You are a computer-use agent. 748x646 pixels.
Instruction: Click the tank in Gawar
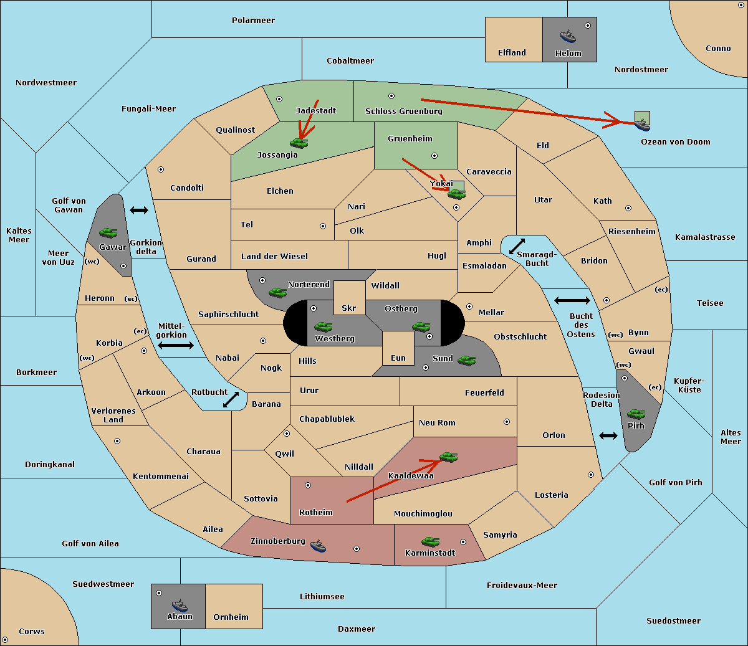pyautogui.click(x=108, y=232)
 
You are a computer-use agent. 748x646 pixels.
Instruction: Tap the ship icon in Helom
pyautogui.click(x=568, y=36)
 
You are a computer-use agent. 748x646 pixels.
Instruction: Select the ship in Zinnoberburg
pyautogui.click(x=318, y=546)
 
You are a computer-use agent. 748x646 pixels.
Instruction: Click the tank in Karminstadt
pyautogui.click(x=430, y=542)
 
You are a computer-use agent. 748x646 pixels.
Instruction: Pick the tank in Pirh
pyautogui.click(x=636, y=414)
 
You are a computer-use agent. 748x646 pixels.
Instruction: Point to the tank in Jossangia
pyautogui.click(x=299, y=143)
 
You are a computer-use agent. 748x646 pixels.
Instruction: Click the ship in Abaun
pyautogui.click(x=180, y=605)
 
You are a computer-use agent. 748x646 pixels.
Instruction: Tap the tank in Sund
pyautogui.click(x=466, y=360)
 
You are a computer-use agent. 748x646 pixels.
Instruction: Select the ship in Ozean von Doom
pyautogui.click(x=642, y=124)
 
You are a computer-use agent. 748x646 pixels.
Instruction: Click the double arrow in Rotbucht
pyautogui.click(x=231, y=399)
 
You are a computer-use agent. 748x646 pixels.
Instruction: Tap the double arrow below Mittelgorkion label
pyautogui.click(x=176, y=345)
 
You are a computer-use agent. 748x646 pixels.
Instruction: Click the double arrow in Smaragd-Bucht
pyautogui.click(x=517, y=246)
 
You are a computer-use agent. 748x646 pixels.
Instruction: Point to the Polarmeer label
pyautogui.click(x=253, y=21)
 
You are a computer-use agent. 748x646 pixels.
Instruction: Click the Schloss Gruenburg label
pyautogui.click(x=403, y=111)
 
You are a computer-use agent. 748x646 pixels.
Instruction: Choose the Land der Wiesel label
pyautogui.click(x=274, y=257)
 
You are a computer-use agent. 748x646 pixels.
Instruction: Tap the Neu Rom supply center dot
pyautogui.click(x=507, y=422)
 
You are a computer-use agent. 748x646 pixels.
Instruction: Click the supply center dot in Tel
pyautogui.click(x=323, y=226)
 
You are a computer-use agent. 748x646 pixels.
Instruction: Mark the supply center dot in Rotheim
pyautogui.click(x=307, y=485)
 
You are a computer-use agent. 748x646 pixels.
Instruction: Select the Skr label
pyautogui.click(x=348, y=308)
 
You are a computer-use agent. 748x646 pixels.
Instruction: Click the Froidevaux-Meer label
pyautogui.click(x=522, y=585)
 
